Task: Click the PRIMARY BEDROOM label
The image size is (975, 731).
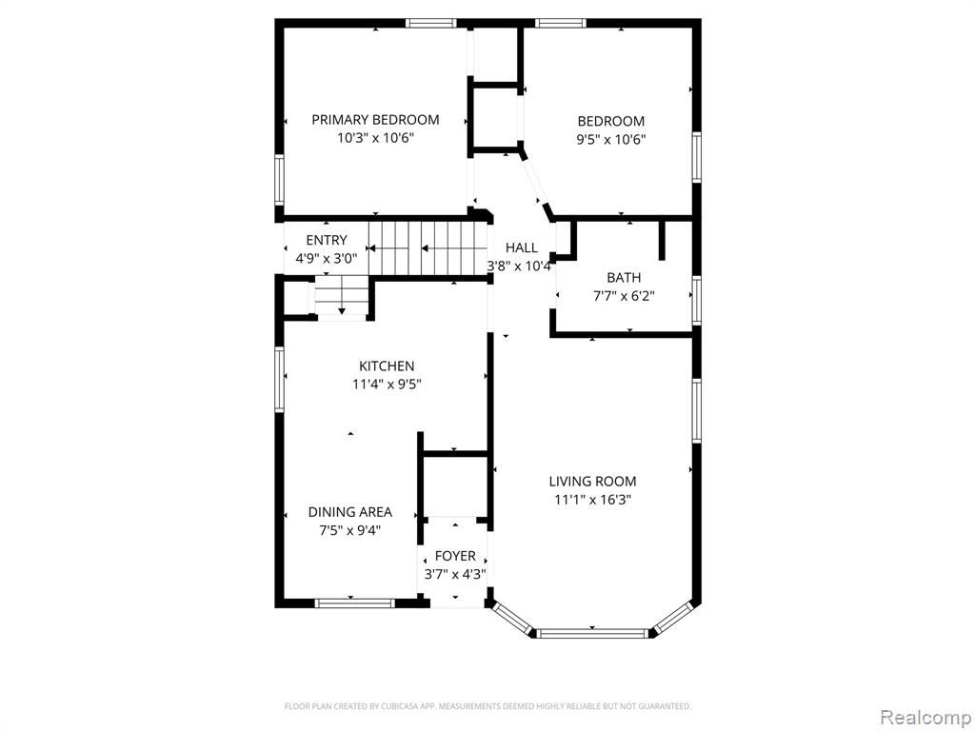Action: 375,120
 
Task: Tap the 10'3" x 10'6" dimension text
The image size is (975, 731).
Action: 375,138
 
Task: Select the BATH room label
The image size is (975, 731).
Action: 624,278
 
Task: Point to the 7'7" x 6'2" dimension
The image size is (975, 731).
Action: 624,296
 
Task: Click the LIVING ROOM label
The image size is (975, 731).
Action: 592,481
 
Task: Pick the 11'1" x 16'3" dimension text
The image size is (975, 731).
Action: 592,499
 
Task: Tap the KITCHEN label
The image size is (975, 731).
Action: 387,366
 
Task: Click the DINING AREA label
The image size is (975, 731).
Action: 350,512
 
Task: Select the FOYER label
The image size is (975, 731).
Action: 455,556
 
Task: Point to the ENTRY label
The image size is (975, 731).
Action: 327,241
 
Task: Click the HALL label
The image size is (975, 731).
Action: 521,248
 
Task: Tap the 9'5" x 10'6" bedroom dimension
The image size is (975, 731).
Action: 610,139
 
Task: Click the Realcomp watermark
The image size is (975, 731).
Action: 925,717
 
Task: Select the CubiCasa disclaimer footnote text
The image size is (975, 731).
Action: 487,706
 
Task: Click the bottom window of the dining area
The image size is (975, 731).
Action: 354,603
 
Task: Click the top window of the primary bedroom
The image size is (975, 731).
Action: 431,24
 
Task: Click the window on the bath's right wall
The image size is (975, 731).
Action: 696,301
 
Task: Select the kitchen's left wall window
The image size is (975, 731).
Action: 279,379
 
